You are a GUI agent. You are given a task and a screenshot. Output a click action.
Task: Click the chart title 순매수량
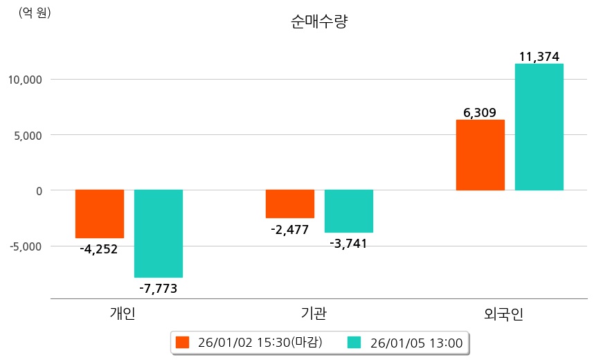pyautogui.click(x=319, y=22)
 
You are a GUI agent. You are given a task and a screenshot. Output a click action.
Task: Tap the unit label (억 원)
pyautogui.click(x=35, y=12)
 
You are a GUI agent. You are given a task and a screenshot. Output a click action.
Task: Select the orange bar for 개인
pyautogui.click(x=100, y=213)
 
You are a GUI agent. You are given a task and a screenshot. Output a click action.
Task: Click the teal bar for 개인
pyautogui.click(x=159, y=233)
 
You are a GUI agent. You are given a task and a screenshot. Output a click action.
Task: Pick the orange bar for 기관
pyautogui.click(x=290, y=204)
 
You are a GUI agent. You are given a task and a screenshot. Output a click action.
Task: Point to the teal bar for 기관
pyautogui.click(x=349, y=210)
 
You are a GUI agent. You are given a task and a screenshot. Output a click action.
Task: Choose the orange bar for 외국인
pyautogui.click(x=480, y=155)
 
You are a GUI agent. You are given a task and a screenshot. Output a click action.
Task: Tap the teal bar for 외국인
pyautogui.click(x=539, y=127)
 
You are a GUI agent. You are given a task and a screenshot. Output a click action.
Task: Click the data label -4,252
pyautogui.click(x=99, y=249)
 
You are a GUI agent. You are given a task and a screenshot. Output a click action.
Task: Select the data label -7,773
pyautogui.click(x=158, y=288)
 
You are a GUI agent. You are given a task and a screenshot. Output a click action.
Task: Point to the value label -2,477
pyautogui.click(x=290, y=229)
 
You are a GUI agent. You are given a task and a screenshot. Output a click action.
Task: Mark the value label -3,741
pyautogui.click(x=348, y=243)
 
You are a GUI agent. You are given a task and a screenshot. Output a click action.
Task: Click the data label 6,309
pyautogui.click(x=480, y=112)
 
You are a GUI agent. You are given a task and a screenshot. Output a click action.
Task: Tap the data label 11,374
pyautogui.click(x=539, y=57)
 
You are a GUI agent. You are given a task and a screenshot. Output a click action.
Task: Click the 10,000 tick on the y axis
pyautogui.click(x=25, y=80)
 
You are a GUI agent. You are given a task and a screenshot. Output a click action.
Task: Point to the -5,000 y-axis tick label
pyautogui.click(x=25, y=246)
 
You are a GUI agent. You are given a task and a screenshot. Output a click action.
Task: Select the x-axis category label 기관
pyautogui.click(x=315, y=314)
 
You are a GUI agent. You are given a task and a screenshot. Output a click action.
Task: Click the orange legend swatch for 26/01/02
pyautogui.click(x=182, y=342)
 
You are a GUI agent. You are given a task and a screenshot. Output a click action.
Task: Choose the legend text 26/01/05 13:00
pyautogui.click(x=417, y=343)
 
